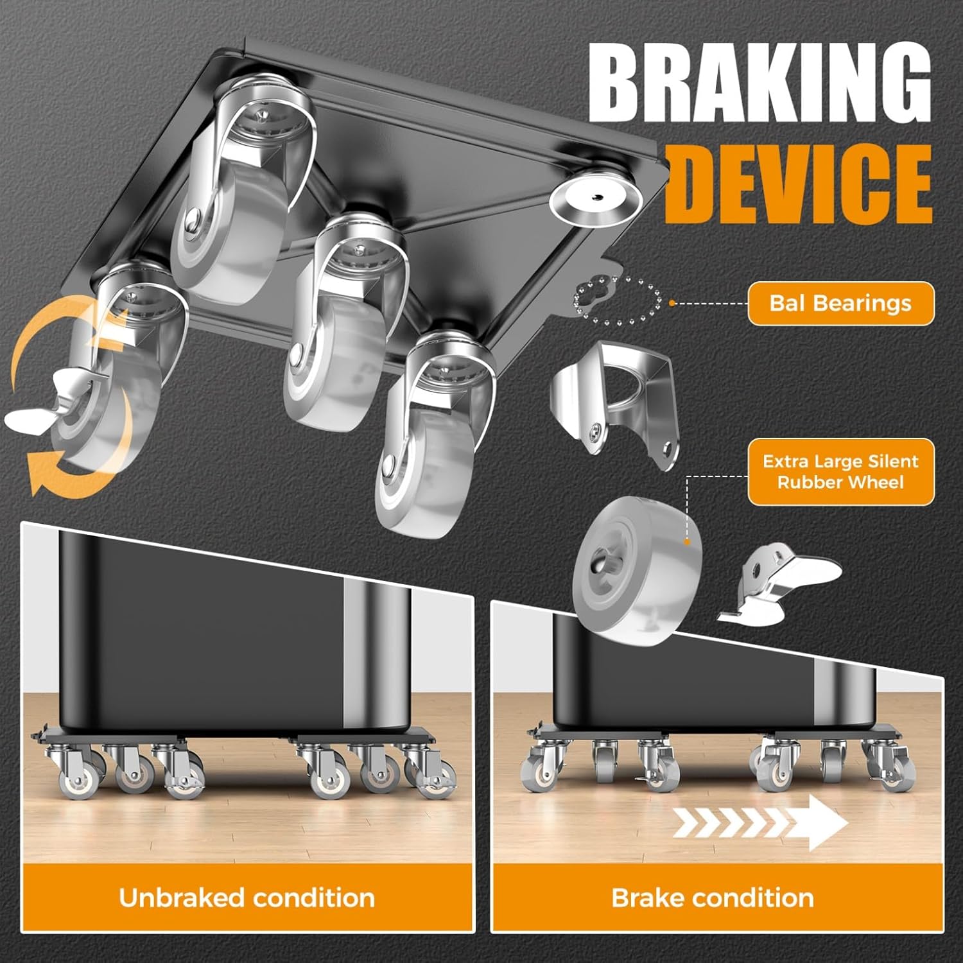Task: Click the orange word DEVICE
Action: click(x=799, y=182)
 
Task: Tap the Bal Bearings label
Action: click(x=841, y=303)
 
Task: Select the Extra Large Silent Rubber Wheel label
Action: click(x=841, y=472)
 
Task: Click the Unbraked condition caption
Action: click(x=247, y=898)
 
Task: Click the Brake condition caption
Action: click(x=713, y=898)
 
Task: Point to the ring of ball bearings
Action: click(x=617, y=300)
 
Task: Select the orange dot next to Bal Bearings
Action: click(x=672, y=302)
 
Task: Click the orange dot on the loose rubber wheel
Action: click(x=687, y=541)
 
